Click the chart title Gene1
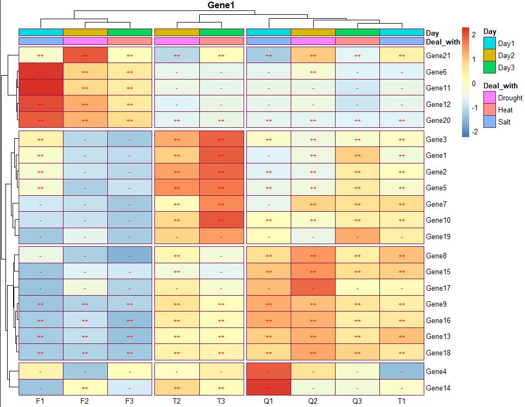222,5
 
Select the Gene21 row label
437,55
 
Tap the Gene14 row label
437,388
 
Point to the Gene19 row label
437,236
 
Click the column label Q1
268,401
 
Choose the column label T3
221,401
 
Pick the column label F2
84,401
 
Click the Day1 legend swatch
489,43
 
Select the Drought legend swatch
489,98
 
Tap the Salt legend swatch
489,122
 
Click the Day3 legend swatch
489,67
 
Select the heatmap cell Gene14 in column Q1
268,388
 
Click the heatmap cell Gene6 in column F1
41,72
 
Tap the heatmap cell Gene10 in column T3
221,220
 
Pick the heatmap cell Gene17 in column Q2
313,288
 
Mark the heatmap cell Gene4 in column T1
401,371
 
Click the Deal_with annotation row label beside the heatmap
443,42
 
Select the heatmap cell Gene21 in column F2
84,55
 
